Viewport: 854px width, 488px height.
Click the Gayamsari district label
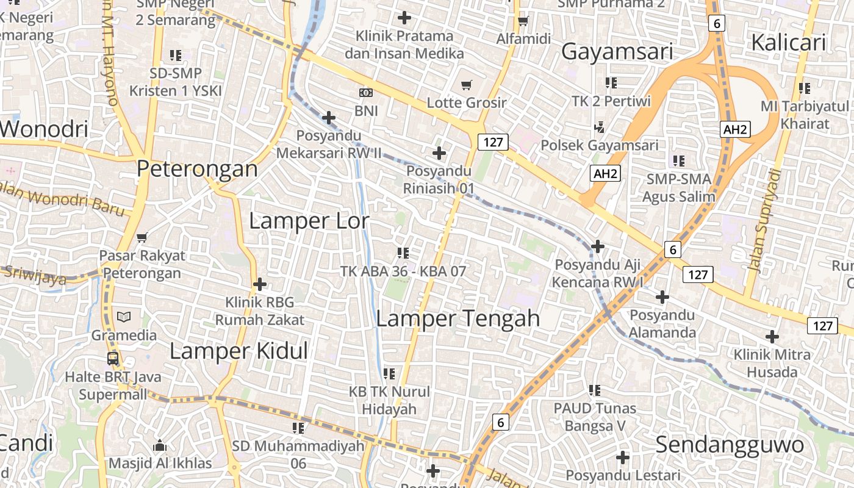617,52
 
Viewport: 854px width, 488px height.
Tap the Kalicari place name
788,43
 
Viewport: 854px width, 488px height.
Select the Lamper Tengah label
457,318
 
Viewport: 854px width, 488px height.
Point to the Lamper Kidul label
239,351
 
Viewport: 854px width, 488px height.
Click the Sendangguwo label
730,445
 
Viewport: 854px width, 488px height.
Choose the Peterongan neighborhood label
197,168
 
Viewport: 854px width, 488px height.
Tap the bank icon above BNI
366,93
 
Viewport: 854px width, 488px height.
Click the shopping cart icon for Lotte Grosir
467,85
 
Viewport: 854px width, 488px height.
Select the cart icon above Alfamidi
523,21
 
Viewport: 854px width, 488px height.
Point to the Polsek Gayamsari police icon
599,127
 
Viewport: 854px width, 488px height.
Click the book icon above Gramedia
124,317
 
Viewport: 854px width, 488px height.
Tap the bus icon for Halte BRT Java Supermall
113,358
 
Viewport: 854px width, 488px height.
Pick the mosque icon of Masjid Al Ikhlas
160,445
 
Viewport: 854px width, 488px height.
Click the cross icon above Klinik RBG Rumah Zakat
260,284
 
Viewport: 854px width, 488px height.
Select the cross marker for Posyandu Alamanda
662,297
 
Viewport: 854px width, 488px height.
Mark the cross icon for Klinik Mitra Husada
772,336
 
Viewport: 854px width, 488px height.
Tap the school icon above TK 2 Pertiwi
611,82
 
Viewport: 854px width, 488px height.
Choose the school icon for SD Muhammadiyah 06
298,428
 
